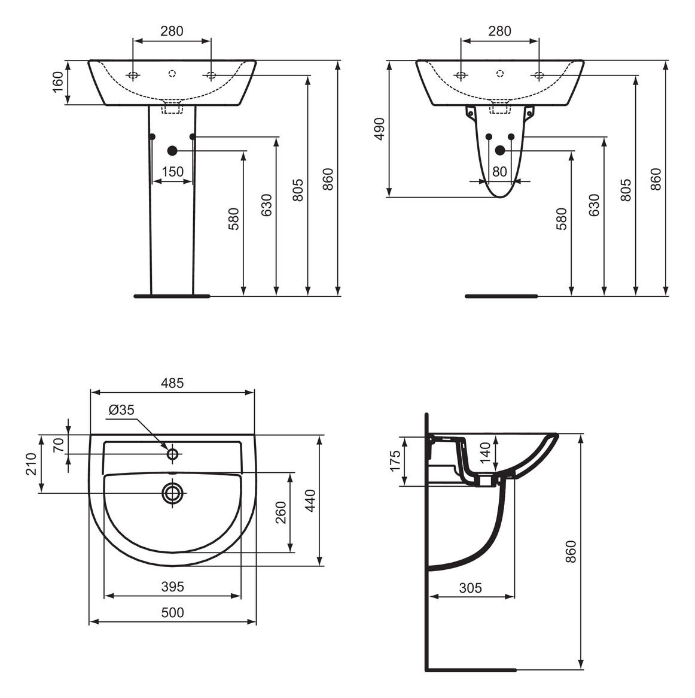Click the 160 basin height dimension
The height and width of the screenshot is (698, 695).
pos(58,82)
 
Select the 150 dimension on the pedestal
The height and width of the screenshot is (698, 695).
pos(172,172)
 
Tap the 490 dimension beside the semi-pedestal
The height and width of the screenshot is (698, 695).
pos(379,129)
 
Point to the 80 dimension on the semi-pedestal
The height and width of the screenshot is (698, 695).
pos(499,172)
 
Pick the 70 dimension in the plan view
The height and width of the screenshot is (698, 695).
pos(59,444)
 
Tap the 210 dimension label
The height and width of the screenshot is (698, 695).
pos(31,464)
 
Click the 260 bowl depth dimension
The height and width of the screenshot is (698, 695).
pos(281,512)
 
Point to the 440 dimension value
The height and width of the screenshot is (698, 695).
pos(310,500)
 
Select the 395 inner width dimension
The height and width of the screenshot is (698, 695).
pos(172,587)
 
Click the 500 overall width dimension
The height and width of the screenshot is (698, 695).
pos(172,612)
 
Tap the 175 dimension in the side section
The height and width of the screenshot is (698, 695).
pos(395,461)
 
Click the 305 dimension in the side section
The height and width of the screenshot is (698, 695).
pos(470,588)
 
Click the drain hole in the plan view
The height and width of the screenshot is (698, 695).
pos(173,493)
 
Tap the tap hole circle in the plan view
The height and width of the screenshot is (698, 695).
pos(173,454)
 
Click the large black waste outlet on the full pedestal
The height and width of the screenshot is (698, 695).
pos(173,151)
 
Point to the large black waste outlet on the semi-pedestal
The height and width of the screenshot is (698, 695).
pos(500,151)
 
